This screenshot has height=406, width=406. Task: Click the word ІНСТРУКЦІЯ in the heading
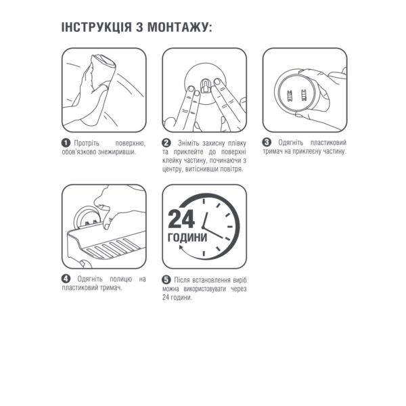pos(96,27)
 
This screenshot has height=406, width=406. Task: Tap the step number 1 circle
pos(66,143)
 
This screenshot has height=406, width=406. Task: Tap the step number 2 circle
pos(166,143)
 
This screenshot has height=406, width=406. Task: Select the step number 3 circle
pos(267,142)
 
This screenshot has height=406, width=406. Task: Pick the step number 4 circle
pos(66,279)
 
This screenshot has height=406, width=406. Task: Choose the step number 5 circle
pos(166,279)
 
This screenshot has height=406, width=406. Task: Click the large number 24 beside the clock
pos(181,219)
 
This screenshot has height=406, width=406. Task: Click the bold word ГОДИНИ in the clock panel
pos(187,238)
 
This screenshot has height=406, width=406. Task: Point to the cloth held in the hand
pos(103,67)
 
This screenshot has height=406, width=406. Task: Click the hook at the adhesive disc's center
pos(205,86)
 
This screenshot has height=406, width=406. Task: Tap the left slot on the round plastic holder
pos(289,95)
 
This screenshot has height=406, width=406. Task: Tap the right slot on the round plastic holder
pos(303,95)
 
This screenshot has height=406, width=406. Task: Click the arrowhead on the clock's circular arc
pos(181,248)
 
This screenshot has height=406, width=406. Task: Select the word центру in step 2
pos(172,169)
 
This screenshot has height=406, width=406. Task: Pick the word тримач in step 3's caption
pos(273,151)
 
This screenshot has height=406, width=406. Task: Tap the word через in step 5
pos(238,289)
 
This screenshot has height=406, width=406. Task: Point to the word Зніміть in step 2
pos(189,143)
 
